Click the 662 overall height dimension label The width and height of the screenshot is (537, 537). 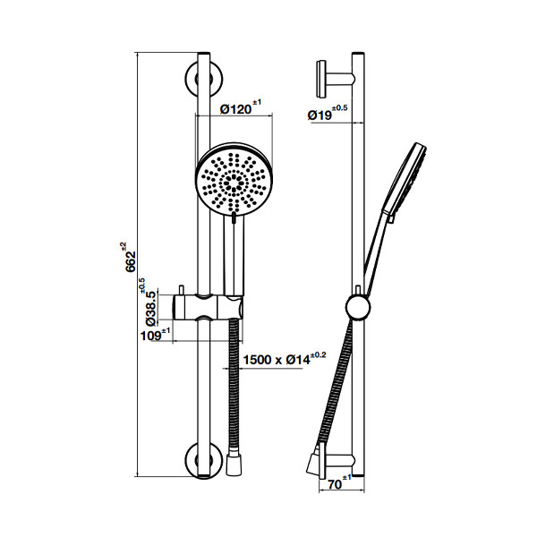coord(131,261)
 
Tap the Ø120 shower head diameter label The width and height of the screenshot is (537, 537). coord(236,109)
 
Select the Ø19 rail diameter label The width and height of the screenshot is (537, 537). coord(320,115)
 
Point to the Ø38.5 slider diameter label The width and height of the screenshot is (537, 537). coord(151,308)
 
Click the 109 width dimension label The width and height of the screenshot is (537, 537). coord(150,336)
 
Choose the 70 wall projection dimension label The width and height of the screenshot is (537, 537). coord(335,484)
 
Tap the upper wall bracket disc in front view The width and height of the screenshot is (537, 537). coord(204,79)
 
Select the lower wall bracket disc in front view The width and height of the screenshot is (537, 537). coord(204,461)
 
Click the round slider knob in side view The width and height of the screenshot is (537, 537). coord(358,307)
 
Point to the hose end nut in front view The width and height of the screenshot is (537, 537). coord(234,465)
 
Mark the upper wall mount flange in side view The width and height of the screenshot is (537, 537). coord(322,79)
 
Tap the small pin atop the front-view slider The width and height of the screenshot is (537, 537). coord(181,289)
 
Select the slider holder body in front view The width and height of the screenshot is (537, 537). coord(208,307)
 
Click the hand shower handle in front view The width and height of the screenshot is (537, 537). coord(234,255)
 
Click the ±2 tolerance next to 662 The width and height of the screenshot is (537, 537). coord(123,247)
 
